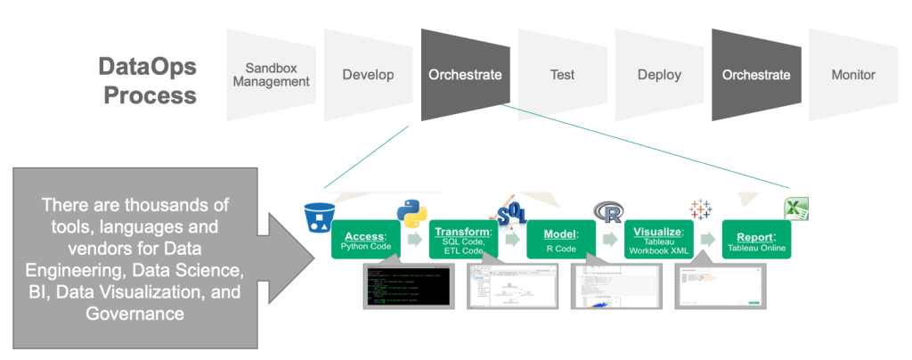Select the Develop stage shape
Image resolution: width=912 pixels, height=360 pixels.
pos(368,75)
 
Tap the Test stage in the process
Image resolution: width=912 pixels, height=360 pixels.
pos(561,75)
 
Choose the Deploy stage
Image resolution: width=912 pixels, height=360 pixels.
pos(659,75)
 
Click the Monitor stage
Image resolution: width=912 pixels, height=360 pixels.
pos(853,75)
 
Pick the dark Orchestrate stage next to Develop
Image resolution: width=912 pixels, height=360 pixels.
pos(465,75)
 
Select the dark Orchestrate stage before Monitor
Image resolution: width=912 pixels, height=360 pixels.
pos(756,75)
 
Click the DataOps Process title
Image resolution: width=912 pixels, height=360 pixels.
pos(147,79)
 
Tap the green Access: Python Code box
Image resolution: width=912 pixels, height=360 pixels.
pos(365,240)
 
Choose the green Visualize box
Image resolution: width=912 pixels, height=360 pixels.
pos(658,240)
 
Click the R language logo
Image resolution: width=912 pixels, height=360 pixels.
pos(609,212)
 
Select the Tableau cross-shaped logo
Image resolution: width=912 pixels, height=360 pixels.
pos(701,209)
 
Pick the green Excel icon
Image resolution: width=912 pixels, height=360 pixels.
pos(795,209)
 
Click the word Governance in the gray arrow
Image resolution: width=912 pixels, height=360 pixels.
pos(134,314)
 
